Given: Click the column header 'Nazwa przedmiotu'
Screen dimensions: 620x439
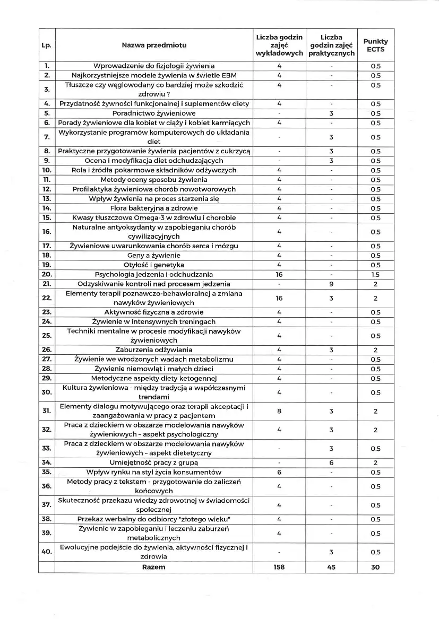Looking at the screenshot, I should point(154,45).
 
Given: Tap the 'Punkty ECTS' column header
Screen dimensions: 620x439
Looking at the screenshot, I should point(375,45).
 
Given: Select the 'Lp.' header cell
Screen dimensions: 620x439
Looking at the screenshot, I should point(46,45).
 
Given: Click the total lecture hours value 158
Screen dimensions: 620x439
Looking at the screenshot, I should point(279,567).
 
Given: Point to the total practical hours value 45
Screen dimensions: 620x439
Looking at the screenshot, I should point(331,567).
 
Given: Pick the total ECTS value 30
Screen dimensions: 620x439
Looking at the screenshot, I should point(375,567).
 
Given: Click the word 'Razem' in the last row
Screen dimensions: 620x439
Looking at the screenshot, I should point(154,567).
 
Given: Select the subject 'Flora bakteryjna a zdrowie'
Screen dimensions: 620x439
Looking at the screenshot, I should point(154,208).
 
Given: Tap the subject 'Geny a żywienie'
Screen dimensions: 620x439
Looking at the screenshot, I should point(154,255).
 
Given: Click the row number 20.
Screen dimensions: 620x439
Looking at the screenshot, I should point(46,274).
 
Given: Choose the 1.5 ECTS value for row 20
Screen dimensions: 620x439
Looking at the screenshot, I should point(375,274).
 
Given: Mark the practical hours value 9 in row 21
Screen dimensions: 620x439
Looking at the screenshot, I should point(331,284).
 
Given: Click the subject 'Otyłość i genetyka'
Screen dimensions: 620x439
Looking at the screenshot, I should point(154,265).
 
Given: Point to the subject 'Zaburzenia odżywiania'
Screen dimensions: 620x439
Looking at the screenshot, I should point(154,350).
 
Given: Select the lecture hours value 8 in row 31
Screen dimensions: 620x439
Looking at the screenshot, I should point(279,411).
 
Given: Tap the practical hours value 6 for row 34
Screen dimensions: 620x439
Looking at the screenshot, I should point(331,462).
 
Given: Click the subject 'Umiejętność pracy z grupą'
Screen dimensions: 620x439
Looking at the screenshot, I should point(154,462).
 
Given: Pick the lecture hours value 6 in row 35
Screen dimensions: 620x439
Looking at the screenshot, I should point(279,472).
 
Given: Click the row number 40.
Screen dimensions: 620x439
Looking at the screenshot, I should point(46,552).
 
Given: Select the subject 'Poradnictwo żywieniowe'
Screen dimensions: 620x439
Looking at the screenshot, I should point(154,113).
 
